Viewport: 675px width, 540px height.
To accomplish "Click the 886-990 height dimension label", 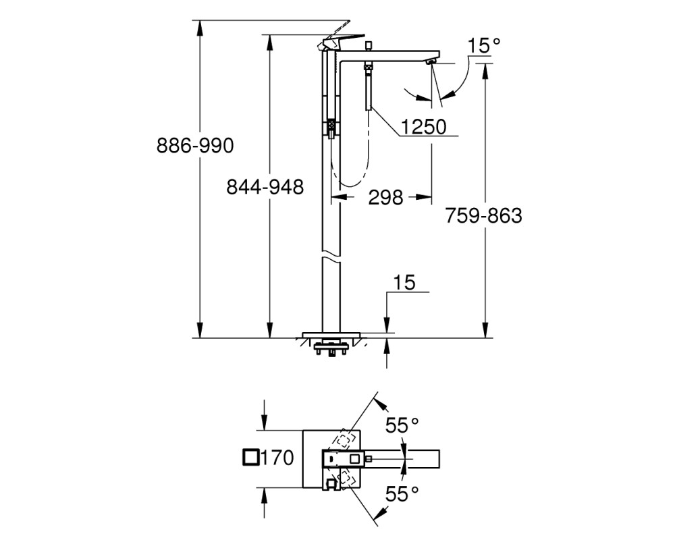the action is click(195, 146).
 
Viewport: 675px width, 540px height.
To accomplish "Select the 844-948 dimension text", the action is click(265, 187).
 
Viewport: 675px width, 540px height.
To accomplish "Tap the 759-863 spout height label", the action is click(483, 215).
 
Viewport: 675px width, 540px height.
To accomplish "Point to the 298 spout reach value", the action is click(385, 198).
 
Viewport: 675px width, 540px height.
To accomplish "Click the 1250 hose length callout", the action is click(424, 127).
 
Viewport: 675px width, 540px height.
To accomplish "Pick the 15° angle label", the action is click(484, 46).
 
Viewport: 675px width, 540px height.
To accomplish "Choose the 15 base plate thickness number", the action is click(404, 283).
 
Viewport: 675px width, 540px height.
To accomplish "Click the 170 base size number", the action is click(277, 458).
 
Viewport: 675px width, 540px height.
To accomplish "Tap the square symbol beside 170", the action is click(251, 458).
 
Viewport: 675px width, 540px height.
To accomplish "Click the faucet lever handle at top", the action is click(343, 43).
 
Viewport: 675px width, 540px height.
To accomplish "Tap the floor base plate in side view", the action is click(331, 335).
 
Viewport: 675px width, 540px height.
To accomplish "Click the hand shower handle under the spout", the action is click(369, 90).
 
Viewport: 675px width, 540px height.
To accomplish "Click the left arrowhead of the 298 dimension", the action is click(339, 197).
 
